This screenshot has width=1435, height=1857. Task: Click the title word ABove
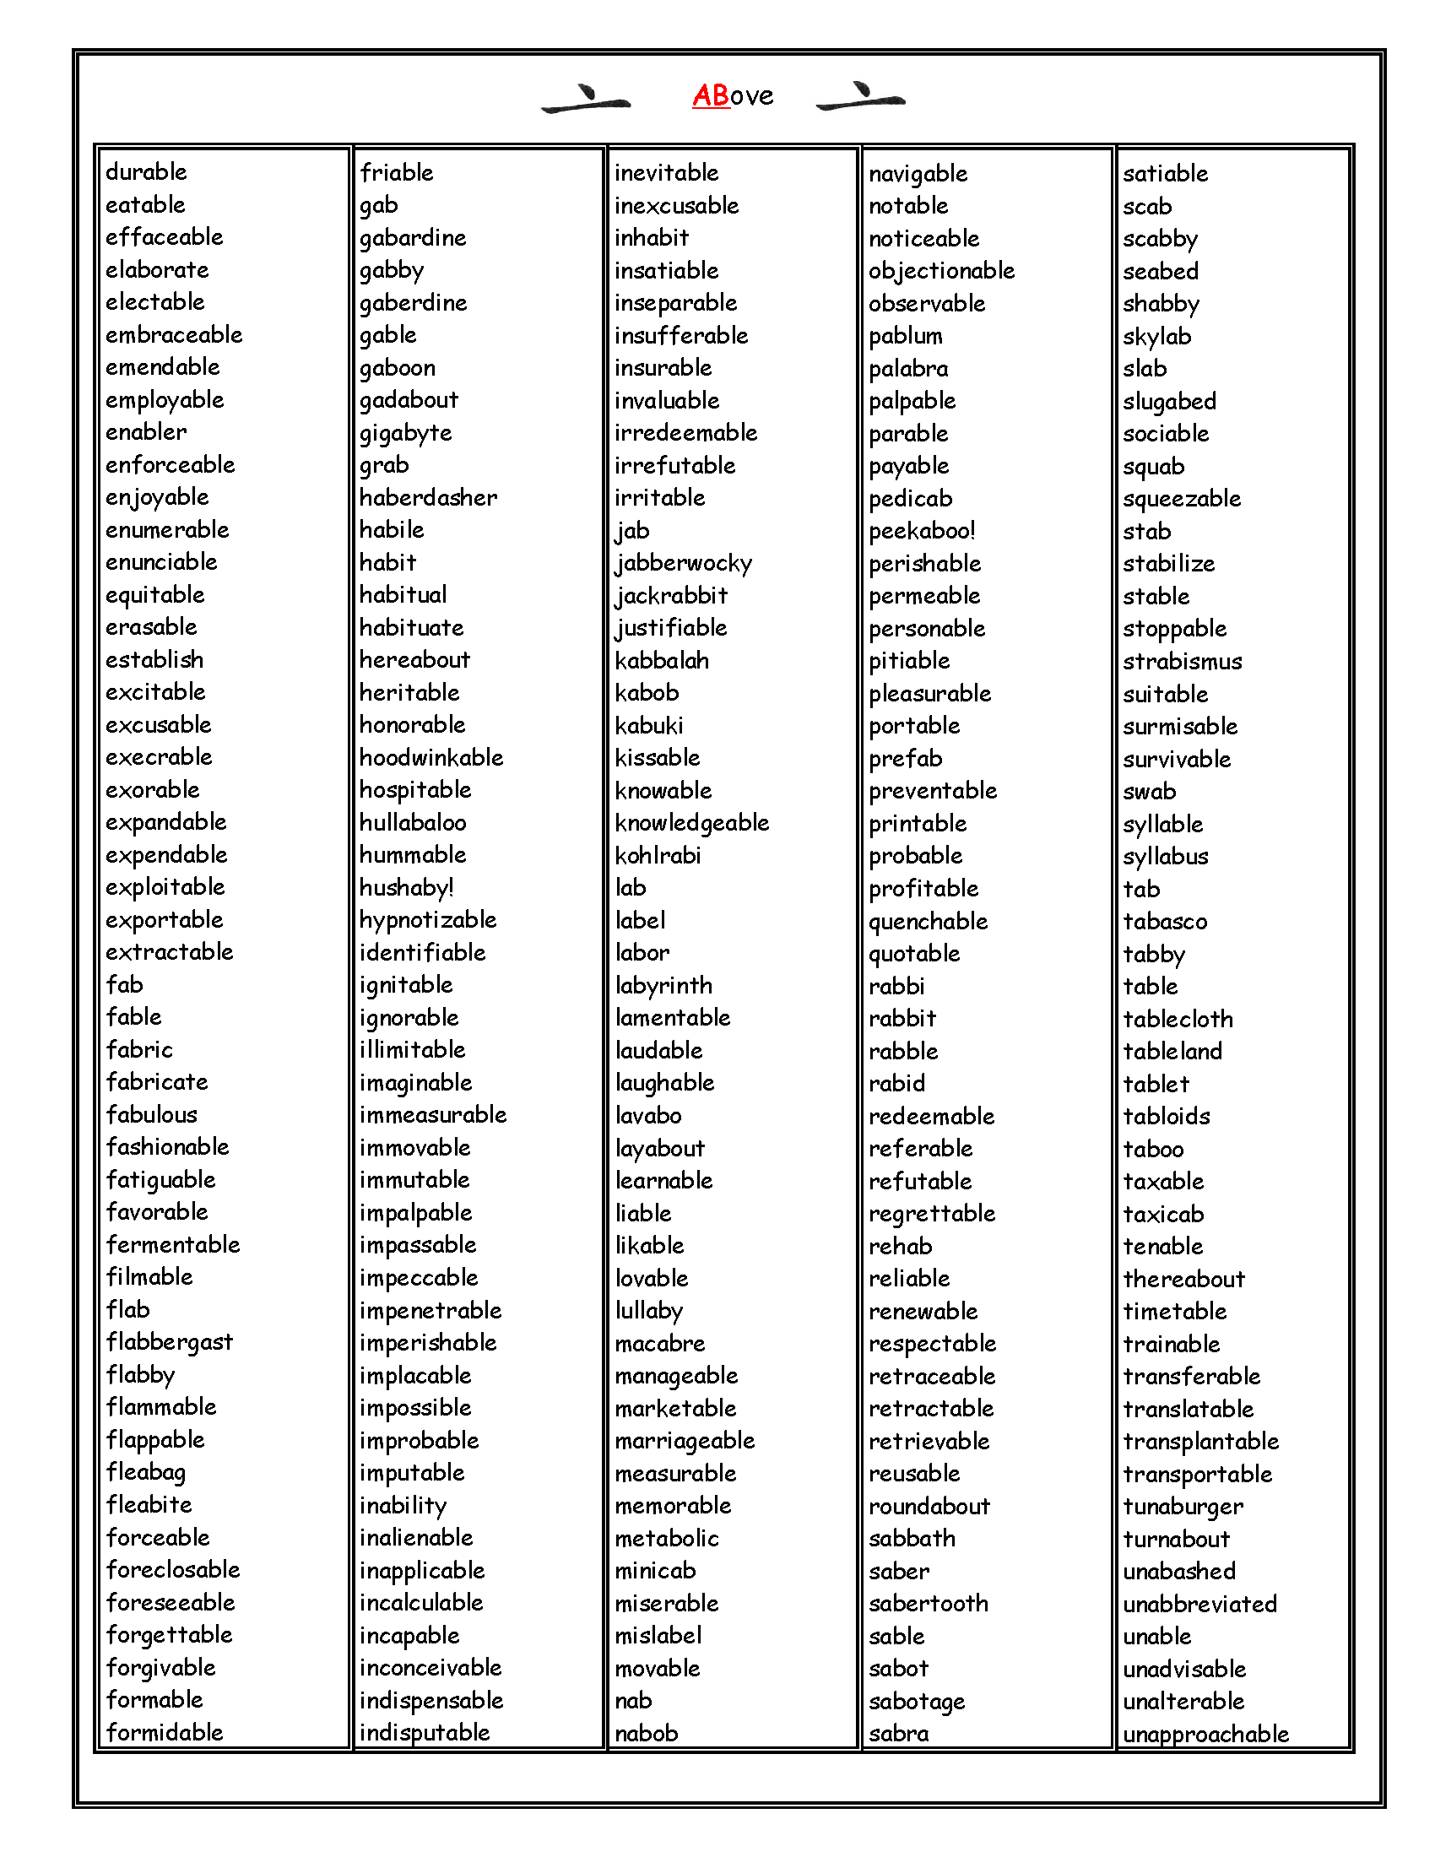733,95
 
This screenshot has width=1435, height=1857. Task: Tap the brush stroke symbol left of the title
587,99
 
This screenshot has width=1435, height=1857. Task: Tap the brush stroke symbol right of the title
860,97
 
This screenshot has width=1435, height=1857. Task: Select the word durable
146,171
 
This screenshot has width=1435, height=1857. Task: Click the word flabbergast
169,1343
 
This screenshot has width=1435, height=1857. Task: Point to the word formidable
164,1732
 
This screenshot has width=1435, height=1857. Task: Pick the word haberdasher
429,497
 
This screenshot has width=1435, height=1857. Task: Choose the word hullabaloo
412,823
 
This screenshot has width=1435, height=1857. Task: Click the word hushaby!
406,888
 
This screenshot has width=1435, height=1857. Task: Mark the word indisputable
425,1733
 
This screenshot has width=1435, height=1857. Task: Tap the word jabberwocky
684,564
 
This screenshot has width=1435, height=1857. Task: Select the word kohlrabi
658,855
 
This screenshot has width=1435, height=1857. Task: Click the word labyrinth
663,985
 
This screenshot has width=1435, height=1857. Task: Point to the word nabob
646,1733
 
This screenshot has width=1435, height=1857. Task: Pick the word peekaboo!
922,532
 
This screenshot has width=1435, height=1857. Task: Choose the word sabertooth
929,1604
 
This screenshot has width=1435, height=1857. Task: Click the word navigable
918,175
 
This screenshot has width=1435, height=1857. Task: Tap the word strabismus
1182,662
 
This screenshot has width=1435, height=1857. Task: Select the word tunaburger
1183,1507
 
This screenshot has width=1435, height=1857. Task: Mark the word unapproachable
1205,1735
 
